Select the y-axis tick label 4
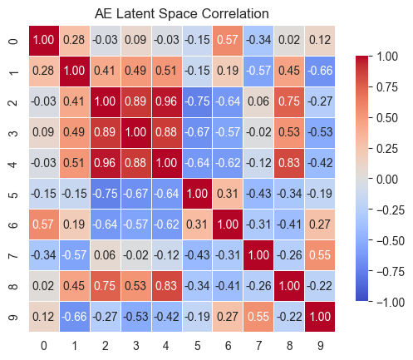12,163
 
